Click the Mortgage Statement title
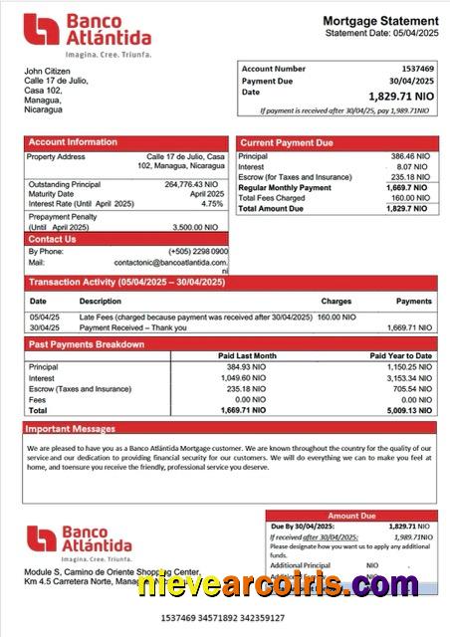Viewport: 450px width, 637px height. pos(379,21)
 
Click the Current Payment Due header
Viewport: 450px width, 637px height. pos(287,143)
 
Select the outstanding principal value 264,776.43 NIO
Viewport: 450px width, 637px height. pos(190,184)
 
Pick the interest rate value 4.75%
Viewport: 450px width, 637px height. pos(212,203)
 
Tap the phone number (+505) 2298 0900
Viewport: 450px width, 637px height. pos(198,251)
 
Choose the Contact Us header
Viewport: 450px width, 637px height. pos(52,239)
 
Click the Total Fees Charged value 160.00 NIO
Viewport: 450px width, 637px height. pos(407,198)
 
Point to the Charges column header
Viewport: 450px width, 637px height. pos(336,301)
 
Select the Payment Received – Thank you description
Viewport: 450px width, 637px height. pos(132,327)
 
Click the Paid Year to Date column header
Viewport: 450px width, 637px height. pos(400,355)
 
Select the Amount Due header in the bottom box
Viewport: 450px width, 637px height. pos(351,516)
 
